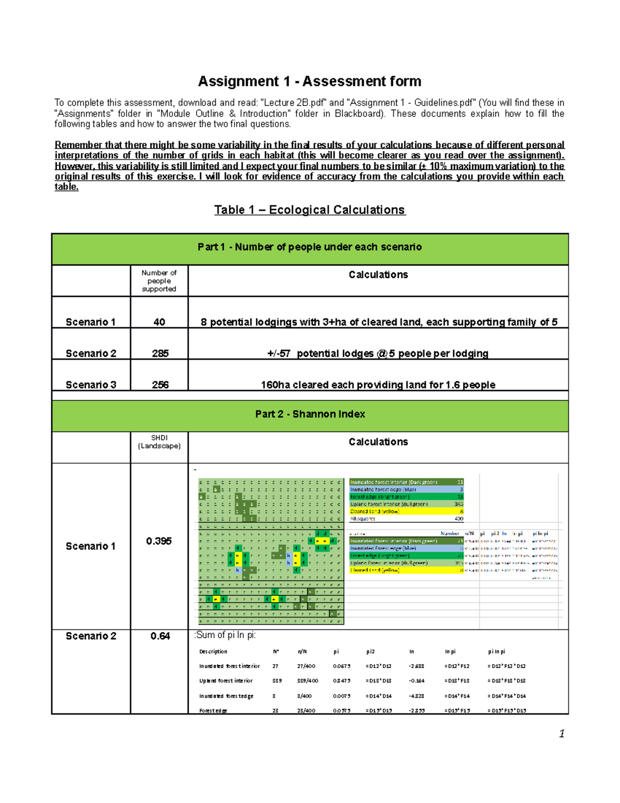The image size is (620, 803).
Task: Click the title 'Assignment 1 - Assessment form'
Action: (x=309, y=81)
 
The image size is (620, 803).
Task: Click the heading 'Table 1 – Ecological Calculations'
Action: (x=309, y=210)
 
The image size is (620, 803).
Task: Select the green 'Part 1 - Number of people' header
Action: (x=309, y=247)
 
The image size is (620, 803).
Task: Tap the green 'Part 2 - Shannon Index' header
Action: (x=309, y=414)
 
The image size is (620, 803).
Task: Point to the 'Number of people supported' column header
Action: (x=159, y=281)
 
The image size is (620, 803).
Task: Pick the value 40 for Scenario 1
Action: (x=159, y=322)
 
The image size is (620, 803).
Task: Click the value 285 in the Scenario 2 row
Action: (x=160, y=354)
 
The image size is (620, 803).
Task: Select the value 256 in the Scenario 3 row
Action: (x=160, y=385)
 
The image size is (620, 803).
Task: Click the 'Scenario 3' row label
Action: (x=91, y=385)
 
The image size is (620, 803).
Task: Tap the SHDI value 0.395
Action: (x=159, y=541)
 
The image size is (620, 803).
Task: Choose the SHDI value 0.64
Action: (x=160, y=637)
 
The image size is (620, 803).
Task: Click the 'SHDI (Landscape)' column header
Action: (x=159, y=442)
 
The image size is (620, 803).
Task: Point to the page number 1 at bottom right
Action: (x=562, y=734)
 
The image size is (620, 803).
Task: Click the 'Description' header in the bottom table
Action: (x=213, y=652)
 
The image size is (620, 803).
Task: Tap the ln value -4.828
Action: (x=416, y=696)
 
